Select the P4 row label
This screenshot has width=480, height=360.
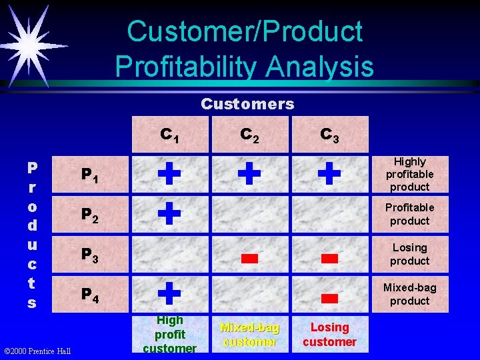coord(90,294)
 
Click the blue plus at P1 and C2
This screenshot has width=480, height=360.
coord(249,174)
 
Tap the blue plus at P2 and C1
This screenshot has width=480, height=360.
coord(169,214)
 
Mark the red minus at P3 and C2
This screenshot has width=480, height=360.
coord(249,259)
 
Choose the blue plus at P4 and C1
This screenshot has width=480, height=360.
coord(169,293)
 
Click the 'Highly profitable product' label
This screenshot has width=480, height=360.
coord(409,174)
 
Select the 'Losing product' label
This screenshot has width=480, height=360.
coord(409,254)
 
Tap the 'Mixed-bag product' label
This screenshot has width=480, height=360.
coord(409,294)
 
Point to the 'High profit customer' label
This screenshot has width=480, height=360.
coord(169,334)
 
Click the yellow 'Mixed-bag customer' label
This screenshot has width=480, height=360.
coord(249,335)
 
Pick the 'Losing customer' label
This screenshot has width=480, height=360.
coord(329,335)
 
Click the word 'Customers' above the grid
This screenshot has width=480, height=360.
coord(247,104)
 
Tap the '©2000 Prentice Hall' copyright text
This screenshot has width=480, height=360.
coord(38,351)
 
